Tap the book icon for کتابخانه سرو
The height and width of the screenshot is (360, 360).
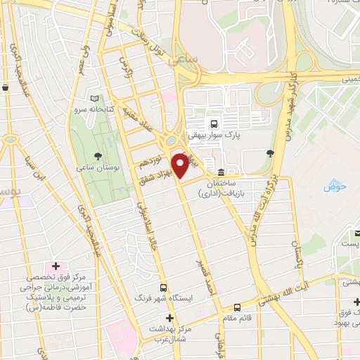click(x=94, y=99)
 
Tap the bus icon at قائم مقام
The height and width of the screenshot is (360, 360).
click(x=237, y=307)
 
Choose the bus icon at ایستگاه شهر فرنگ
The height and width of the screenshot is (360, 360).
click(x=164, y=288)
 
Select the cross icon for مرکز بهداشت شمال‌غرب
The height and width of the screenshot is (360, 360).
click(x=168, y=318)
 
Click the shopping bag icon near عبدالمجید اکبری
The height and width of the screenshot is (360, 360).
click(x=6, y=88)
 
